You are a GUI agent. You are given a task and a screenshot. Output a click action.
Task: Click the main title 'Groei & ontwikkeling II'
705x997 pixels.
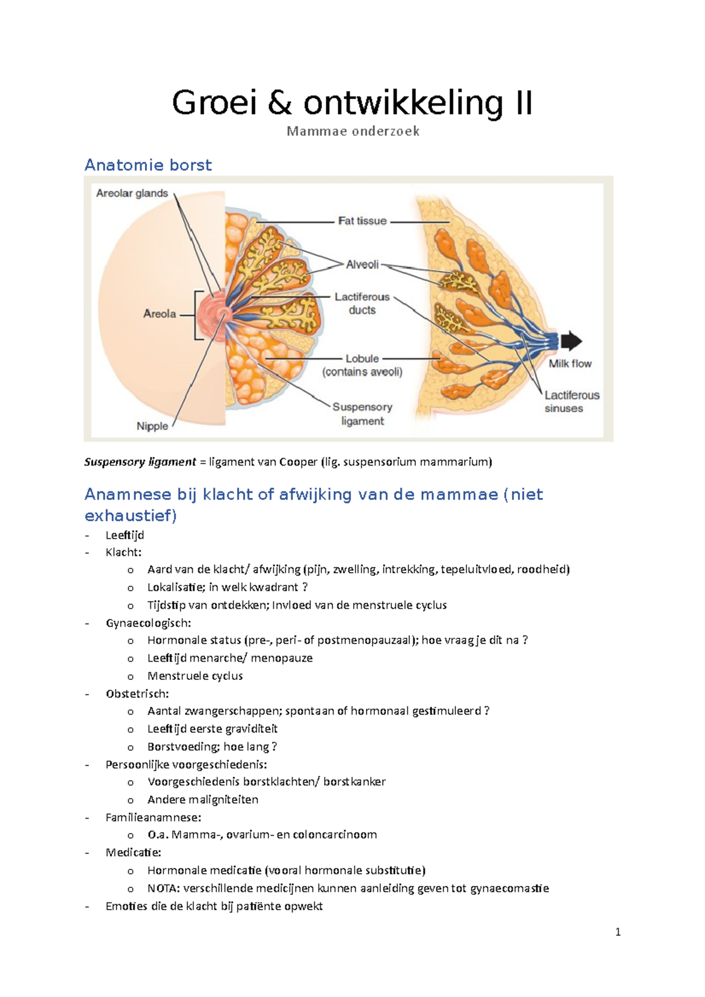click(x=352, y=103)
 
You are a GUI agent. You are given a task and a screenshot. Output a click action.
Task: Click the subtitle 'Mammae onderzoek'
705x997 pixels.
click(x=352, y=132)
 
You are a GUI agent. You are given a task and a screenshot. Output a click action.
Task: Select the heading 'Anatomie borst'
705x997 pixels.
click(x=148, y=165)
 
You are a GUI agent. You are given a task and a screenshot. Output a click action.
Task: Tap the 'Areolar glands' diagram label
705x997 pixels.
click(x=132, y=193)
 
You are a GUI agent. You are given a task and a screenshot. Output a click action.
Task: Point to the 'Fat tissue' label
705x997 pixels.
click(x=362, y=221)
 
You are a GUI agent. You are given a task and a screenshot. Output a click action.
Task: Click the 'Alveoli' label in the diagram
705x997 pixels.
click(x=362, y=265)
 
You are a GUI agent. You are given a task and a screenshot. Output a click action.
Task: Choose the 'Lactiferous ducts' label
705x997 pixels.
click(x=362, y=304)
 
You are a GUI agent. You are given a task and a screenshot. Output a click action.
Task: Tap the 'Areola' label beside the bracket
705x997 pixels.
click(x=159, y=314)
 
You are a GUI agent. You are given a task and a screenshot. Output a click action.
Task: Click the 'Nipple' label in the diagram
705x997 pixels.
click(x=152, y=426)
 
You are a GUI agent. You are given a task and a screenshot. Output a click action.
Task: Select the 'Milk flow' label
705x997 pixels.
click(x=570, y=363)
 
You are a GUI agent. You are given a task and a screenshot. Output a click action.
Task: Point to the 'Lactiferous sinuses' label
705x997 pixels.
click(x=571, y=402)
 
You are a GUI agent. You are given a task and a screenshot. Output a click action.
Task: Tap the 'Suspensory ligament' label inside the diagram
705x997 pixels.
click(x=362, y=414)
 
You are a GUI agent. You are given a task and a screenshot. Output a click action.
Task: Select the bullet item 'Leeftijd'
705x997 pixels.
click(x=125, y=535)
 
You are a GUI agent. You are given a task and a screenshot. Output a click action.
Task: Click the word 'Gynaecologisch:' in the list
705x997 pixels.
click(x=148, y=623)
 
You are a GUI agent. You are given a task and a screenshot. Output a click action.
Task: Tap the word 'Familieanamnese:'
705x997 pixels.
click(x=153, y=817)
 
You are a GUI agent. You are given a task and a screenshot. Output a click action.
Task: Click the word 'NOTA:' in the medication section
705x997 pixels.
click(x=164, y=888)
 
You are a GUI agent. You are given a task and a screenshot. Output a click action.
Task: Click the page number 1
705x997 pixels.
click(x=617, y=932)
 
